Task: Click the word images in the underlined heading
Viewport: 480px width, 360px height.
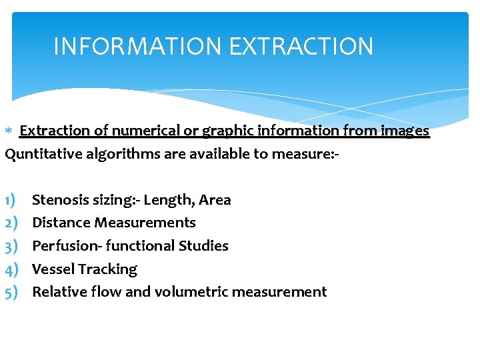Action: [x=404, y=131]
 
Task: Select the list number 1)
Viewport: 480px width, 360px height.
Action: [x=11, y=200]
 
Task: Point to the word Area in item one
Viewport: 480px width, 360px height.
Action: [x=215, y=200]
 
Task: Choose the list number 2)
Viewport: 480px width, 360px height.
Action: [x=11, y=223]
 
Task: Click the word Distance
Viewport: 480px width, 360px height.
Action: [x=61, y=223]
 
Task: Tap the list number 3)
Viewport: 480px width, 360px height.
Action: [x=11, y=246]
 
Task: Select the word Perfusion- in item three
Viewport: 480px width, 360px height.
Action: [x=65, y=246]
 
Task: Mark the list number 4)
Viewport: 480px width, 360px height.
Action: [x=11, y=269]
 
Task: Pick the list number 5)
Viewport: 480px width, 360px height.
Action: [x=11, y=292]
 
